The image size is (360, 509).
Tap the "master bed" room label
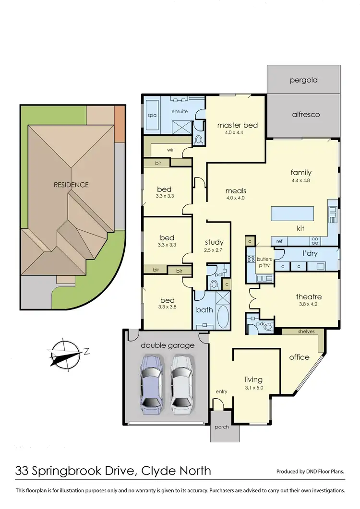tap(237, 126)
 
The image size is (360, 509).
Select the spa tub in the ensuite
tap(152, 116)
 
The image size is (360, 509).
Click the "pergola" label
tap(303, 80)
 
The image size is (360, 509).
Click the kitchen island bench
tap(292, 213)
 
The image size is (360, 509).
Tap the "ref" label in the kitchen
tap(279, 241)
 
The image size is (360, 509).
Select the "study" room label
tap(214, 242)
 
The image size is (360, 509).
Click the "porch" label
tap(222, 427)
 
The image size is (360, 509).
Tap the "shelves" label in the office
tap(306, 331)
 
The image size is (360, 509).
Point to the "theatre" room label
tap(309, 297)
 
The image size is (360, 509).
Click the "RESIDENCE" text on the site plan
tap(71, 185)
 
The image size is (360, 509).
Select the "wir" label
tap(170, 150)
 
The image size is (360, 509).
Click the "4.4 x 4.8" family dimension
tap(301, 181)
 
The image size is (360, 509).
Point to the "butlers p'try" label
tap(264, 261)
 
